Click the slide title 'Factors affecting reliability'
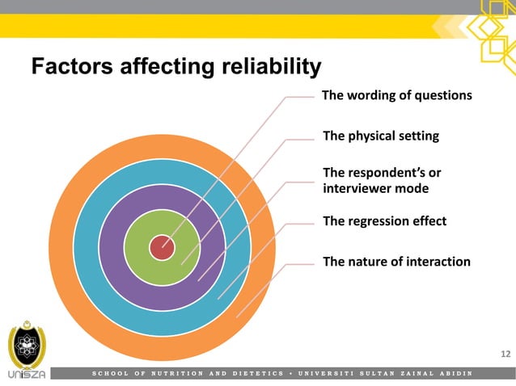click(176, 65)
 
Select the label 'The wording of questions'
click(396, 95)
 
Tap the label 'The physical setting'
click(381, 136)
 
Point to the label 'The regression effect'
click(384, 220)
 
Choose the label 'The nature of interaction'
click(396, 261)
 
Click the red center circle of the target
click(162, 247)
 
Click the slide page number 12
click(505, 354)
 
